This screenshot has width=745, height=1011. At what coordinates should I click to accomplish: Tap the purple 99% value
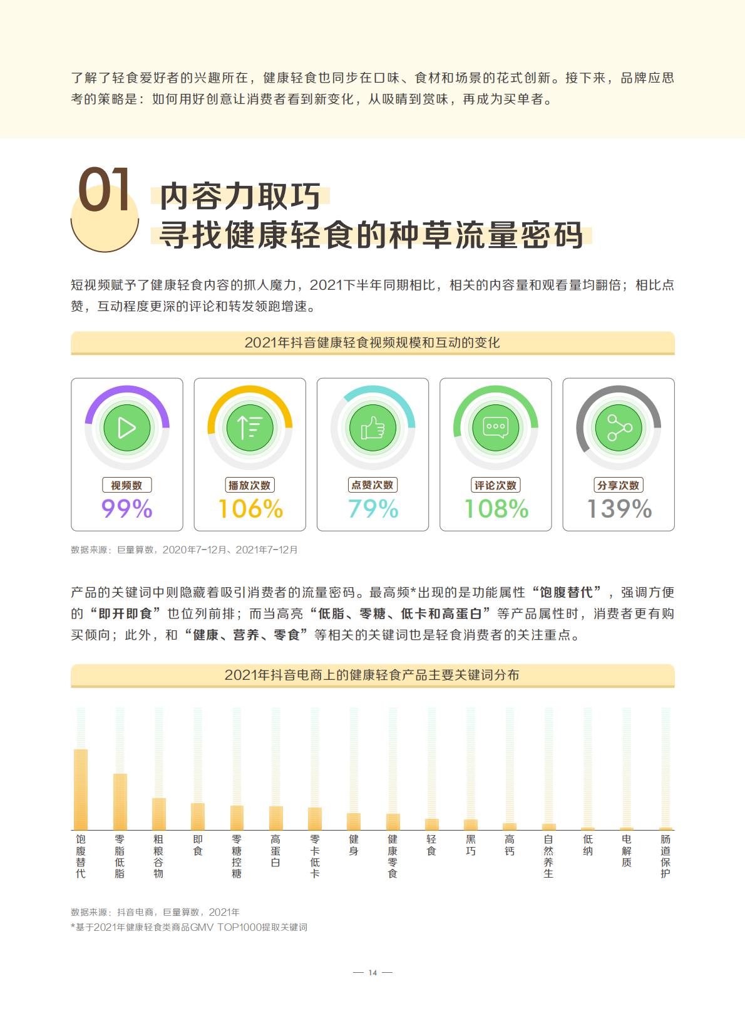pyautogui.click(x=127, y=509)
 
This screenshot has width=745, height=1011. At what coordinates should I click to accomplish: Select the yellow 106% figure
pyautogui.click(x=250, y=509)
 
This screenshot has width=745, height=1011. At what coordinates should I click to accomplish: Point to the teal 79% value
pyautogui.click(x=373, y=509)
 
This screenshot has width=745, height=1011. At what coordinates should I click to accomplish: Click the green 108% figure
pyautogui.click(x=496, y=509)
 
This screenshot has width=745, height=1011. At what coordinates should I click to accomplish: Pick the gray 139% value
pyautogui.click(x=619, y=509)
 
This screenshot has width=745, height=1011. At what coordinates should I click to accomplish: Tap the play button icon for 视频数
pyautogui.click(x=127, y=428)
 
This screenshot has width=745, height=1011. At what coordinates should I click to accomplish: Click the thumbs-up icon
pyautogui.click(x=373, y=428)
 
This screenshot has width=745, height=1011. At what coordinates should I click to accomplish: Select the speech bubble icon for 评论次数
pyautogui.click(x=496, y=428)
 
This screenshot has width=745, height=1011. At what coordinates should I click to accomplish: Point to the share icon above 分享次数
pyautogui.click(x=619, y=428)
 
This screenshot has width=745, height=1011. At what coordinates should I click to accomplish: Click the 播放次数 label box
pyautogui.click(x=250, y=485)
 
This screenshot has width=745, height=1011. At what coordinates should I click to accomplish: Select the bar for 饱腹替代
pyautogui.click(x=81, y=789)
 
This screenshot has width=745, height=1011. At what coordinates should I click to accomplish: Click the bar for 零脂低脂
pyautogui.click(x=120, y=801)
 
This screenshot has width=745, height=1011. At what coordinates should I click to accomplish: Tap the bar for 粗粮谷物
pyautogui.click(x=159, y=813)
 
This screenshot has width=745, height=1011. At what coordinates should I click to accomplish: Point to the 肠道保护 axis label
pyautogui.click(x=665, y=856)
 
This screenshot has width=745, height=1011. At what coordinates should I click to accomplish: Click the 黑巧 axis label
pyautogui.click(x=471, y=844)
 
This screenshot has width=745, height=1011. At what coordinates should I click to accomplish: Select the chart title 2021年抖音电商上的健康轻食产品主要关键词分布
pyautogui.click(x=372, y=675)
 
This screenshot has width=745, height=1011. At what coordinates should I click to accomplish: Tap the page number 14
pyautogui.click(x=372, y=972)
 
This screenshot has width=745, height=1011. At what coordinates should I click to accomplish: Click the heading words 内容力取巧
pyautogui.click(x=240, y=196)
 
